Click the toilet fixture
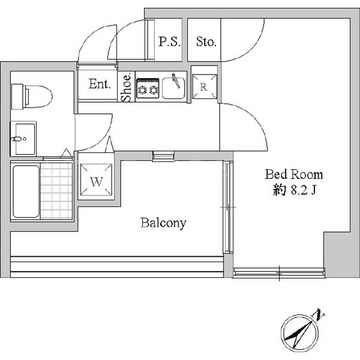pyautogui.click(x=32, y=96)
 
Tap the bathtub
pyautogui.click(x=26, y=191)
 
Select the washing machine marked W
pyautogui.click(x=96, y=181)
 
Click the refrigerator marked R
pyautogui.click(x=204, y=87)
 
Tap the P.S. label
pyautogui.click(x=169, y=42)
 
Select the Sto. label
pyautogui.click(x=206, y=42)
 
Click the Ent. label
pyautogui.click(x=100, y=84)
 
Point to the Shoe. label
pyautogui.click(x=127, y=87)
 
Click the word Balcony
pyautogui.click(x=163, y=223)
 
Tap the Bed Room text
pyautogui.click(x=294, y=174)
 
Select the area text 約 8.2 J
pyautogui.click(x=294, y=190)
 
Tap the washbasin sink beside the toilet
pyautogui.click(x=23, y=139)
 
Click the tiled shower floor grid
pyautogui.click(x=57, y=191)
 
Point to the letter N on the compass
pyautogui.click(x=321, y=314)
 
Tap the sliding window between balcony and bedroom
pyautogui.click(x=228, y=207)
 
